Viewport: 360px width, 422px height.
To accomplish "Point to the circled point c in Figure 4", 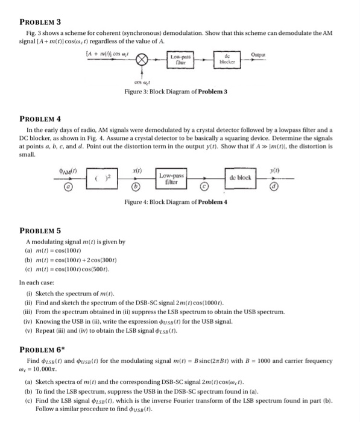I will pyautogui.click(x=205, y=188).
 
